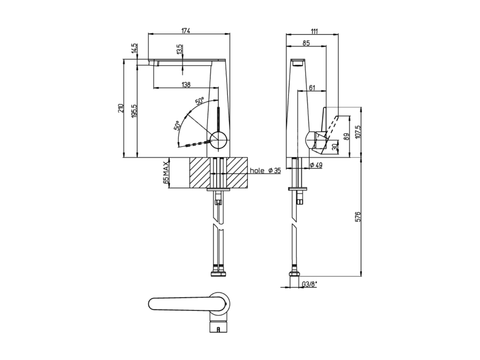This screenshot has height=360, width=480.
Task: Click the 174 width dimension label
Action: click(x=186, y=31)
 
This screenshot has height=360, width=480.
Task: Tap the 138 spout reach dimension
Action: click(x=186, y=84)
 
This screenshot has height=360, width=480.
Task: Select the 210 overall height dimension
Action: click(x=121, y=108)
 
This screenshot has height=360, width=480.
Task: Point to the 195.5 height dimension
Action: click(x=135, y=111)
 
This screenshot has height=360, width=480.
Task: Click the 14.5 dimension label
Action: click(x=135, y=49)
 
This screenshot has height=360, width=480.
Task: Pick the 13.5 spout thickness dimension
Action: click(x=180, y=49)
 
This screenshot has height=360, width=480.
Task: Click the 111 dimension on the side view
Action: click(x=314, y=31)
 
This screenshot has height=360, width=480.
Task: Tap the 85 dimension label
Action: click(x=306, y=43)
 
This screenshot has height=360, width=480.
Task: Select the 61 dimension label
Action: click(x=312, y=88)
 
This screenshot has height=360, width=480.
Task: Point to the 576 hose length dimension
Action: click(x=357, y=217)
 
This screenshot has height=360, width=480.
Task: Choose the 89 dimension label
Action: click(x=346, y=137)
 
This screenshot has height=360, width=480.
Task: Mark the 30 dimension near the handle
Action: click(x=335, y=147)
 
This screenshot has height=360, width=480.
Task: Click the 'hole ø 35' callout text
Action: click(x=265, y=170)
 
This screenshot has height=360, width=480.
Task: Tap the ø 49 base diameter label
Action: click(x=316, y=165)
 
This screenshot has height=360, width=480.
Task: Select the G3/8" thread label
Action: click(x=310, y=284)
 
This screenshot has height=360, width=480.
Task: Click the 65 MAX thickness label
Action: click(x=166, y=172)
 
